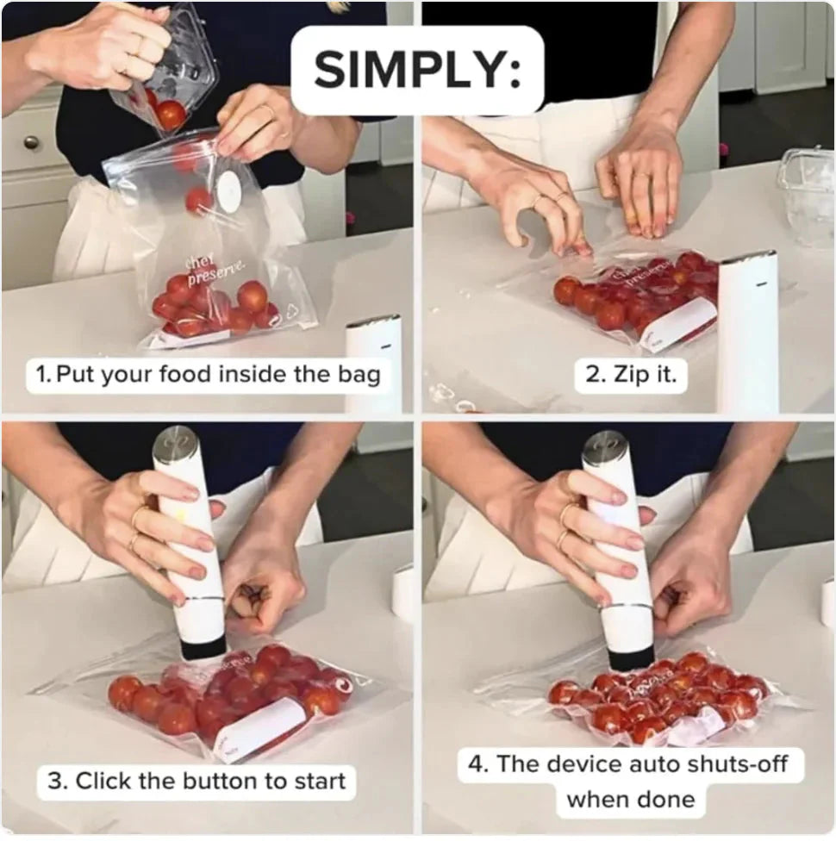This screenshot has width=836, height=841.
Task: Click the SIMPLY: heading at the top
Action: click(417, 70)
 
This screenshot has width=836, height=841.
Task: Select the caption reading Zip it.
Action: click(631, 375)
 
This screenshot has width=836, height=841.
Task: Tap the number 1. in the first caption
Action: click(43, 375)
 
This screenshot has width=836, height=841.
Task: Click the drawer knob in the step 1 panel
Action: click(32, 142)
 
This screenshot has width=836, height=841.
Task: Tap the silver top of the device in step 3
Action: click(176, 444)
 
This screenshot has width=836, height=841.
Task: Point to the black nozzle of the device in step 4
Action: click(630, 658)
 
